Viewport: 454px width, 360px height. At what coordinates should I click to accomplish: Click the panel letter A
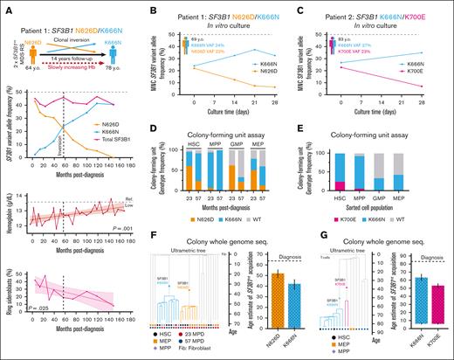pos(7,6)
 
